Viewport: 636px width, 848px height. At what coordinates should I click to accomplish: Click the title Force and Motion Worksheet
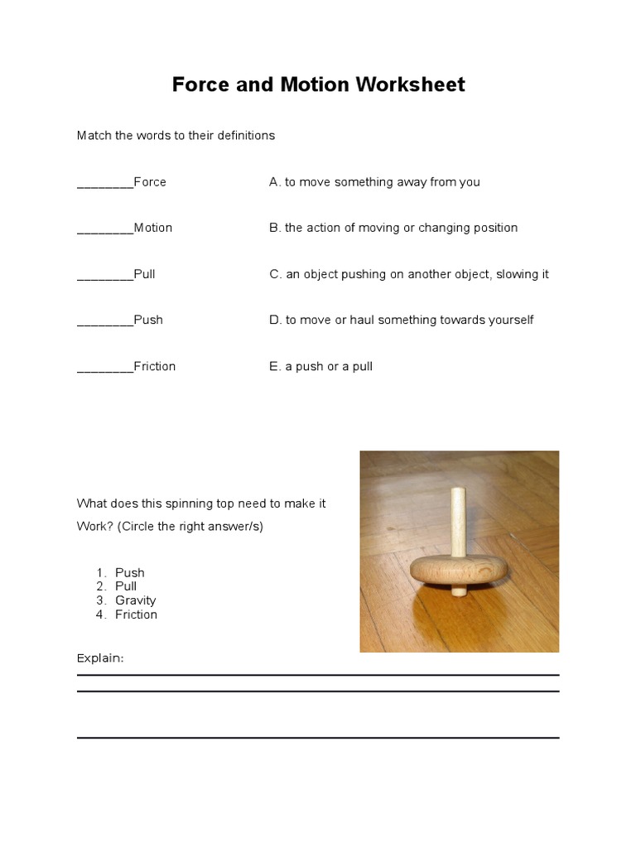pos(318,84)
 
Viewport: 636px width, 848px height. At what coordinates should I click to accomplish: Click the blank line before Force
pos(104,184)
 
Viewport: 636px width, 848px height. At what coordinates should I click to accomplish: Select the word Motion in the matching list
pos(153,228)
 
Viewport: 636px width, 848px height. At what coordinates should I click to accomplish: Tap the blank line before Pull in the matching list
pos(104,276)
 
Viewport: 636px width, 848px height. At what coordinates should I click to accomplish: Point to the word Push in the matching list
pos(148,320)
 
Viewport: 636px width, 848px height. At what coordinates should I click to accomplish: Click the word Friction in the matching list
pos(155,366)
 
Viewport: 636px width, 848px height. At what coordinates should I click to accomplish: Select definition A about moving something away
pos(374,182)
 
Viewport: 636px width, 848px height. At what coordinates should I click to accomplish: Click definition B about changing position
pos(393,228)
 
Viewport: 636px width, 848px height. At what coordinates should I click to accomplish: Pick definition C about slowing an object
pos(408,274)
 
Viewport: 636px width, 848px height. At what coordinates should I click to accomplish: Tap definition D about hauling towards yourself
pos(401,320)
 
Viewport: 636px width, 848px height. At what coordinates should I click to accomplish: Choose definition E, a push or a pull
pos(320,366)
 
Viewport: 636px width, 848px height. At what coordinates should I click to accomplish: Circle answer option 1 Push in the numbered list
pos(130,572)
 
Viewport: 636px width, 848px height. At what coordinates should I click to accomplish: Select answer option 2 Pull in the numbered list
pos(126,586)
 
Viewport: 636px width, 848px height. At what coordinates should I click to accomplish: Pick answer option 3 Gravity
pos(136,600)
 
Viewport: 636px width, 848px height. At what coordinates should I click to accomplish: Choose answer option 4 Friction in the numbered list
pos(136,614)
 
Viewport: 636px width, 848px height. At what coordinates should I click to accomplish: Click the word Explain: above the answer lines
pos(100,658)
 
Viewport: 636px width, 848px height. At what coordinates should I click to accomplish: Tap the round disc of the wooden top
pos(458,573)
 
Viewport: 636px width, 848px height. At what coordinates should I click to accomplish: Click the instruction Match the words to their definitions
pos(176,135)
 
